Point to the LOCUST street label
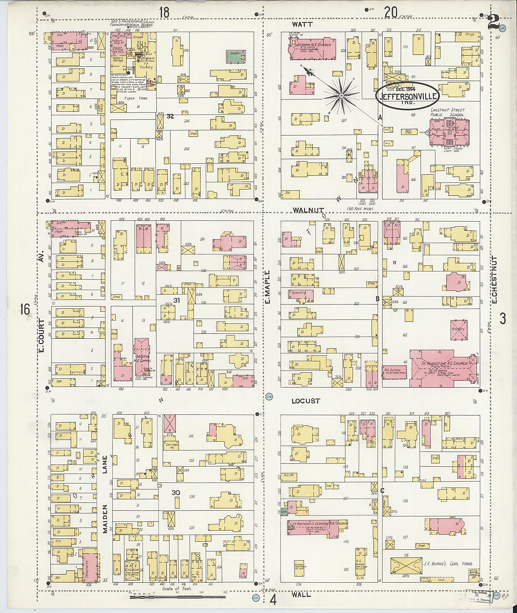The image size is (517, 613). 306,401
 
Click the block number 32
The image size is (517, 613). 170,116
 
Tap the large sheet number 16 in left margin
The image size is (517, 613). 26,309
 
